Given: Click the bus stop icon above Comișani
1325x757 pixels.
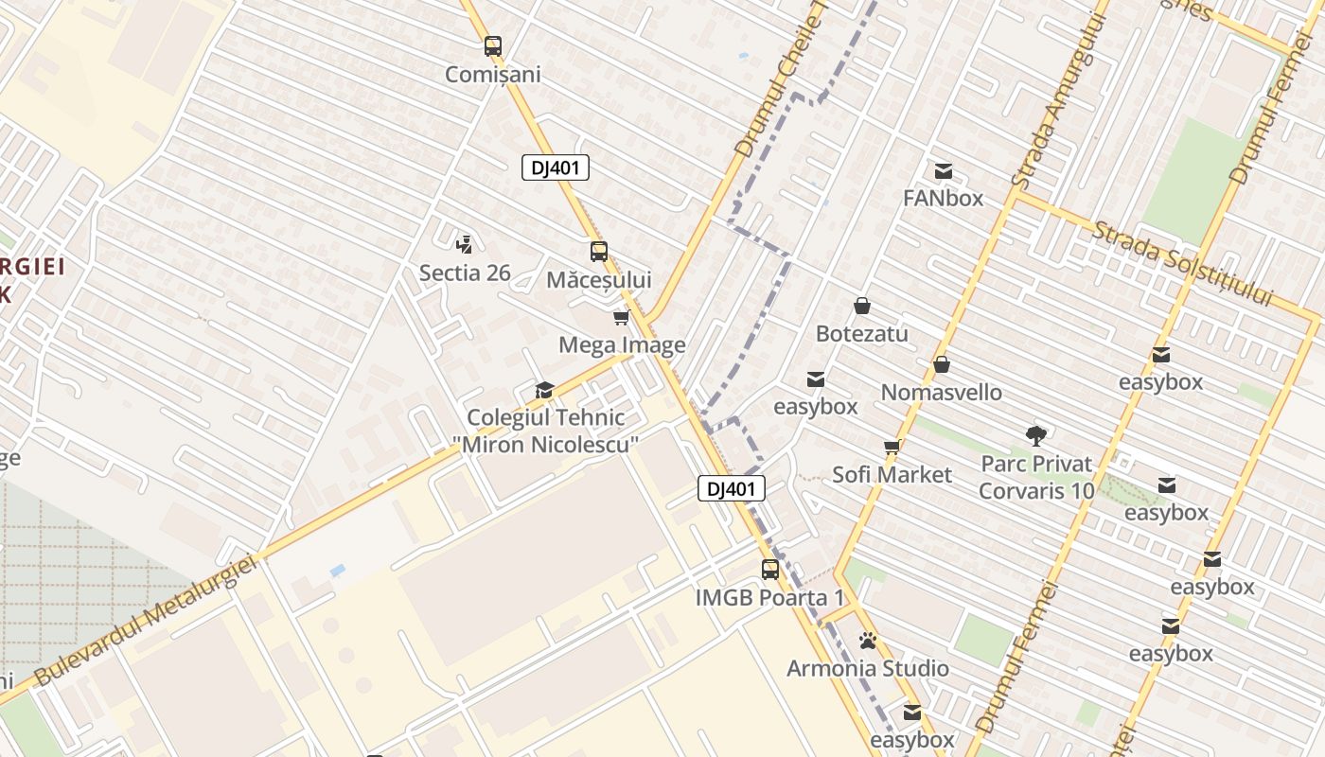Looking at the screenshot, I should click(492, 45).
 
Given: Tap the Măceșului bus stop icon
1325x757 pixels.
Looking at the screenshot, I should click(598, 252).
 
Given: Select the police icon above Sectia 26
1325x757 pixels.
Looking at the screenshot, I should click(464, 244).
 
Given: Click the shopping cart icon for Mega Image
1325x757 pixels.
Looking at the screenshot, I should click(621, 317).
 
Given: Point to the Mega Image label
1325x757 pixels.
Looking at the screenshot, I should click(622, 344).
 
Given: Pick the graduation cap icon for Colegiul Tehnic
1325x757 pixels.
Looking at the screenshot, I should click(543, 390).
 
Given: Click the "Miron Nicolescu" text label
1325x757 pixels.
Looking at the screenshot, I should click(552, 444).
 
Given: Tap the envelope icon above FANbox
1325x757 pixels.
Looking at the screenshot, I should click(943, 171).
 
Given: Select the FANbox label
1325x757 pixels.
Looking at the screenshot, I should click(943, 198).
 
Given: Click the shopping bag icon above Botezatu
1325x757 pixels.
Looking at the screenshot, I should click(862, 306).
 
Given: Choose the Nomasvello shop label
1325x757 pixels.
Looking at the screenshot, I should click(941, 392).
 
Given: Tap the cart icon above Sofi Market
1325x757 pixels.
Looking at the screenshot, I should click(891, 447).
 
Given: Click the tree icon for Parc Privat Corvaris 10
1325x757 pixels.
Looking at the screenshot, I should click(1036, 435).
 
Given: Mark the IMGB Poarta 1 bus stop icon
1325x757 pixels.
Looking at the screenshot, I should click(770, 570).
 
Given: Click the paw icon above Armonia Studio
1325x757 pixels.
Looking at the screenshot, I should click(868, 641).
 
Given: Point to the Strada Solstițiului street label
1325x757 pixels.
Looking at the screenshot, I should click(1183, 262).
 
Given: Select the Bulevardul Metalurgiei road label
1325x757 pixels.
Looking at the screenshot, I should click(147, 620).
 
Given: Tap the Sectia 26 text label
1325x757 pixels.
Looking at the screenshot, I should click(465, 273).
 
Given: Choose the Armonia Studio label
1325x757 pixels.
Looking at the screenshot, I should click(868, 668).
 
